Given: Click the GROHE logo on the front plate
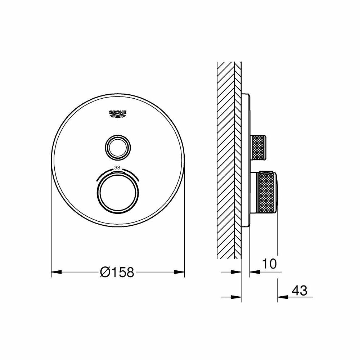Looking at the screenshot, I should (x=118, y=113).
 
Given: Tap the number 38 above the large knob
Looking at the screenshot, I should (x=117, y=167).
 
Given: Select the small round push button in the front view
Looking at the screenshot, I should (x=117, y=146).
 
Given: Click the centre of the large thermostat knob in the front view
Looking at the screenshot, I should (x=117, y=193).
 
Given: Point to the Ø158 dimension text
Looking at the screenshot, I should (x=117, y=272).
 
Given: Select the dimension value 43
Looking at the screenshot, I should (x=300, y=290).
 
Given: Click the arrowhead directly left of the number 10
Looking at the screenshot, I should (x=253, y=272).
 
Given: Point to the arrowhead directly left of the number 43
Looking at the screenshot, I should (x=281, y=297).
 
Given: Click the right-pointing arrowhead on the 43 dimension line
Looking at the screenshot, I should (x=237, y=297).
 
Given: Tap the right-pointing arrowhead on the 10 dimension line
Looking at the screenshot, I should (x=237, y=272).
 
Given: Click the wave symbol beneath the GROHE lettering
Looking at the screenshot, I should (x=118, y=116).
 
